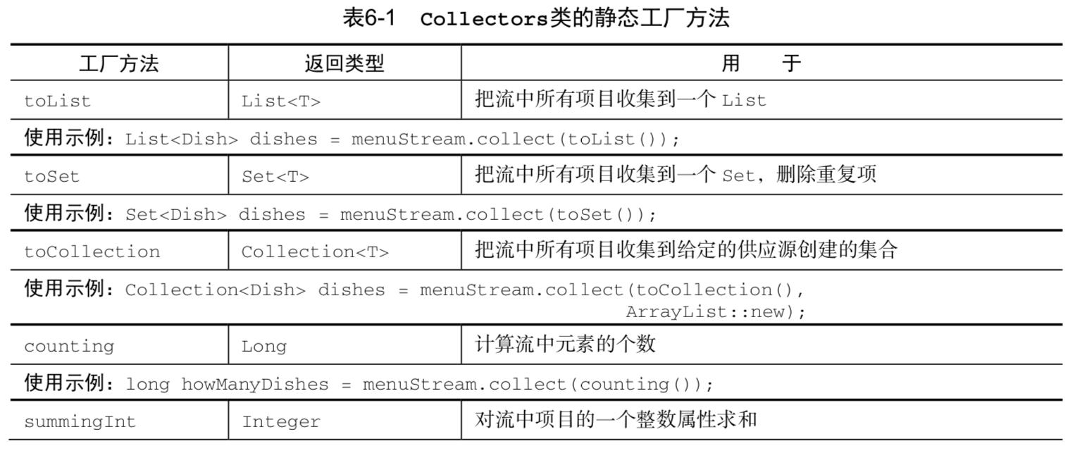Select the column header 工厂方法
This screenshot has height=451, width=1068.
tap(118, 63)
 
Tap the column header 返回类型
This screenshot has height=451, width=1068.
tap(344, 63)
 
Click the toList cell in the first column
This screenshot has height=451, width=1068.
tap(58, 101)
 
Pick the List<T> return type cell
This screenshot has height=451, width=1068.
tap(281, 101)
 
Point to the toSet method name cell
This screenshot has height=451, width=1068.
tap(52, 177)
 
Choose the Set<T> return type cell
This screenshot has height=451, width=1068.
tap(275, 177)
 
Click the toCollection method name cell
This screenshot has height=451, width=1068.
tap(92, 252)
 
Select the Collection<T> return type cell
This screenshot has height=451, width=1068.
tap(315, 252)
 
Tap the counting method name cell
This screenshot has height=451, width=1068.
tap(69, 347)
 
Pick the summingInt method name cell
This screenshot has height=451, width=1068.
tap(80, 422)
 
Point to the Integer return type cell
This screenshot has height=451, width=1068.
tap(281, 422)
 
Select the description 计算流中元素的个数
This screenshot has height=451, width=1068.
tap(566, 345)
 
